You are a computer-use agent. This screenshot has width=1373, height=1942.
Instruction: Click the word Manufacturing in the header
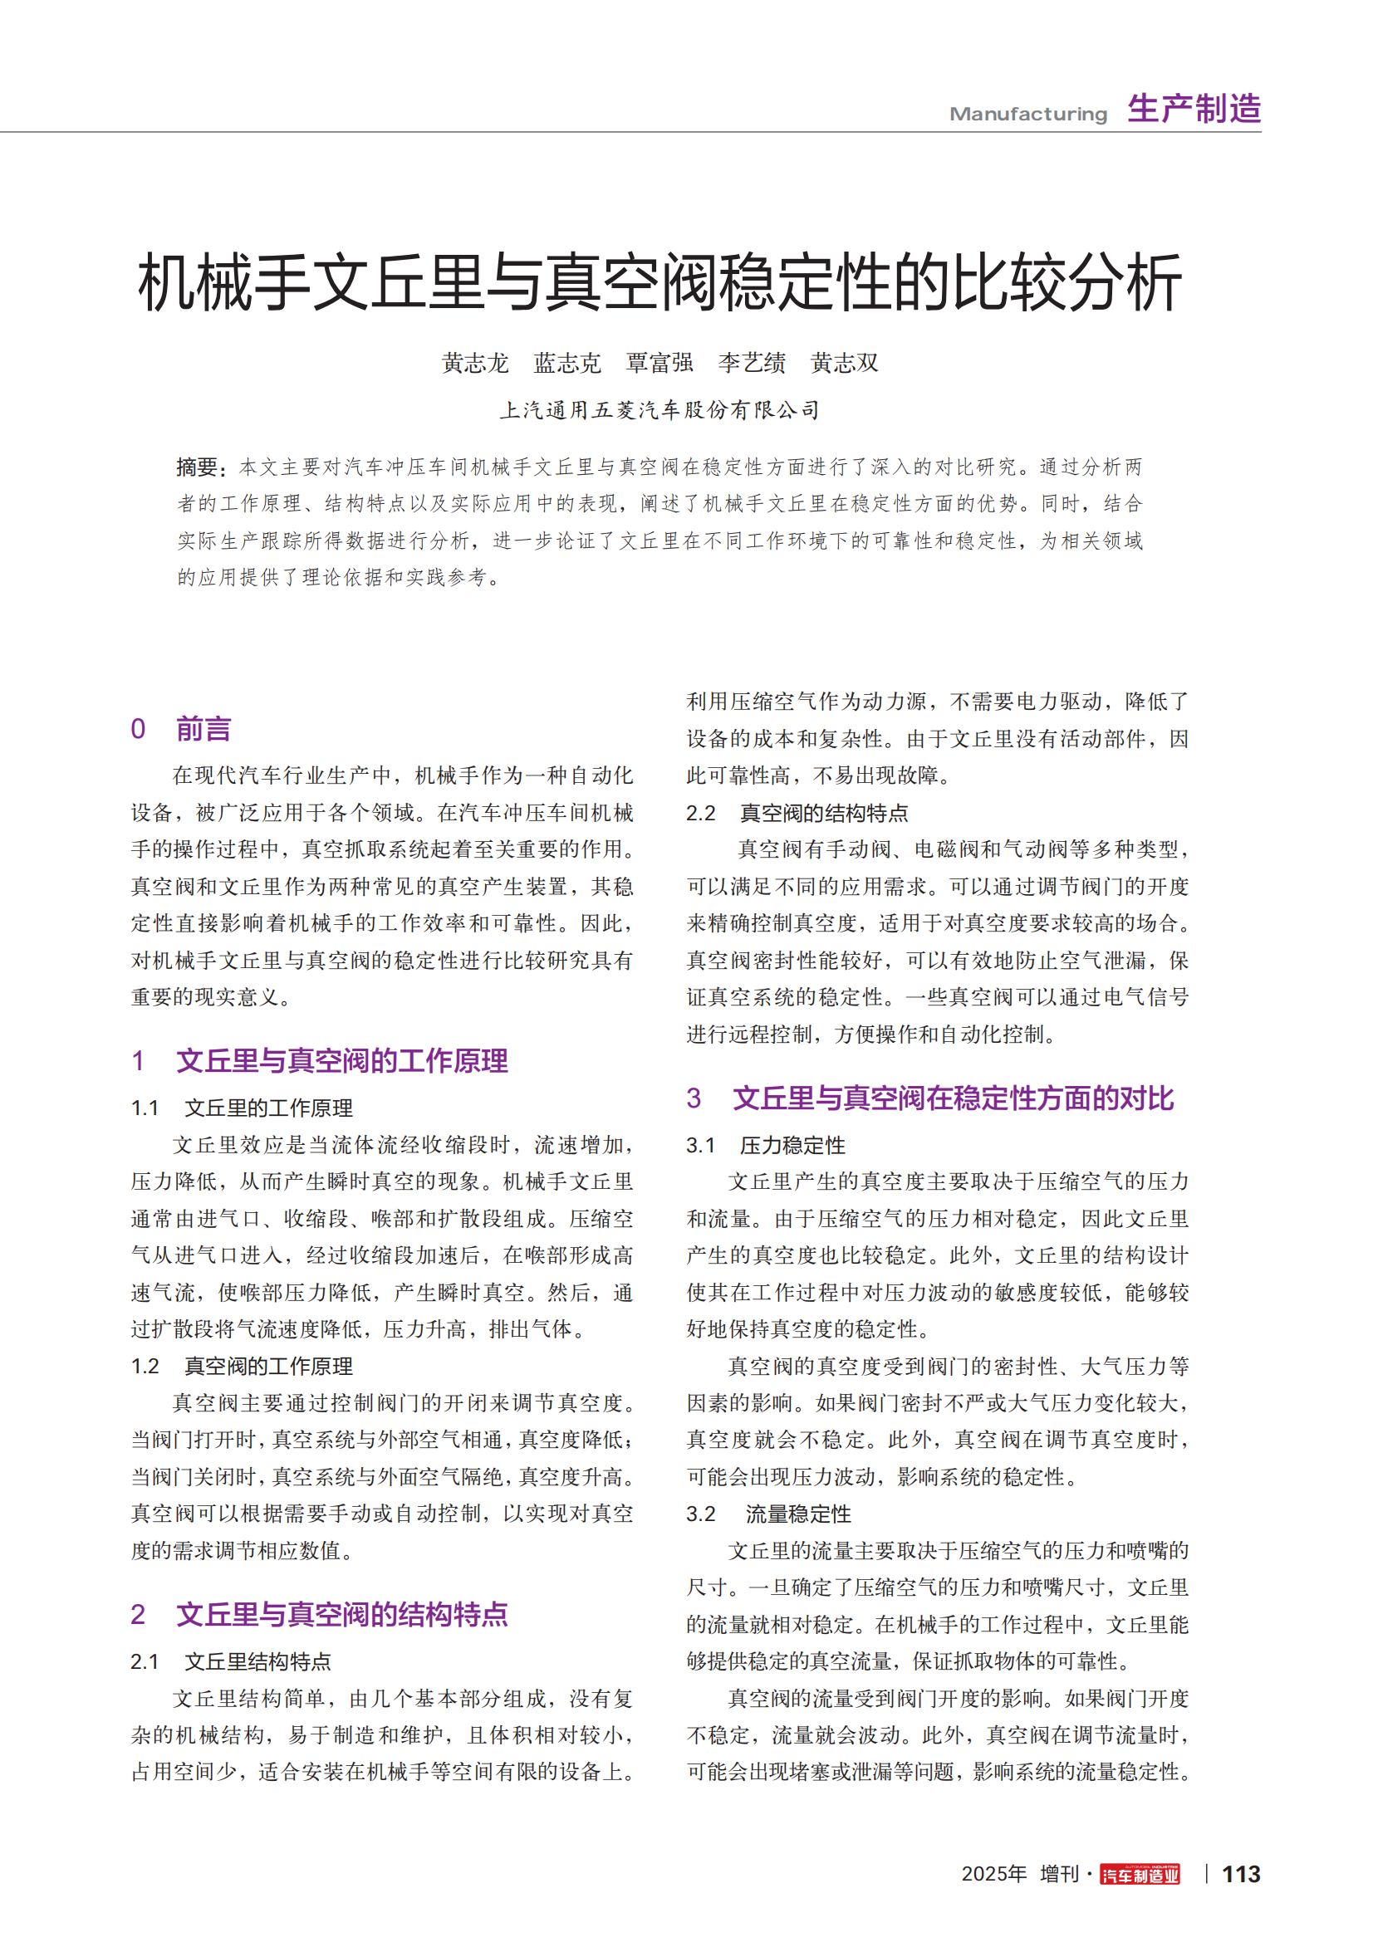tap(1027, 115)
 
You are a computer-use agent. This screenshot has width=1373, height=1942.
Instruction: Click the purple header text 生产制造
tap(1194, 110)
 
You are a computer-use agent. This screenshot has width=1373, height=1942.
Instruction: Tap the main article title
tap(660, 282)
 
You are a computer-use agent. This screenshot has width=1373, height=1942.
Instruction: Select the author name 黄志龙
tap(475, 364)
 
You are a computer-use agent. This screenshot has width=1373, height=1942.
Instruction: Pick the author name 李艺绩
tap(752, 364)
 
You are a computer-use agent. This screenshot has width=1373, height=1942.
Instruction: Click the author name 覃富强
tap(660, 364)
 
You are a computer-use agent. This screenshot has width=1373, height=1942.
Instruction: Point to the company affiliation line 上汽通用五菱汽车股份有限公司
tap(660, 411)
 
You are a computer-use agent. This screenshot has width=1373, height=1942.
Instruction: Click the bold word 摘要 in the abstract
tap(197, 467)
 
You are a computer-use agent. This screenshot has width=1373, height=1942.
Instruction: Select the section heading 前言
tap(203, 729)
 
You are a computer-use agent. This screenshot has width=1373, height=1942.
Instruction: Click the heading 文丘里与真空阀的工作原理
tap(341, 1060)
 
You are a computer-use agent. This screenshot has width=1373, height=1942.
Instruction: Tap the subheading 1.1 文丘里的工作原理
tap(268, 1108)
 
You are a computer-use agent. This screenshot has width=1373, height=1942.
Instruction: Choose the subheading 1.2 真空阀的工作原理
tap(268, 1366)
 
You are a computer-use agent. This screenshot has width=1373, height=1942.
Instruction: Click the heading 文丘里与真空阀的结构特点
tap(341, 1615)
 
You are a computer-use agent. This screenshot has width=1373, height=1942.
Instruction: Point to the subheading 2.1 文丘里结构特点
tap(257, 1662)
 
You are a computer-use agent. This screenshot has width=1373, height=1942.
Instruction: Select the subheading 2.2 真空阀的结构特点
tap(823, 814)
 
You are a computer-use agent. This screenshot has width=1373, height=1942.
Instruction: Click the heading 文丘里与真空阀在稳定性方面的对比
tap(953, 1098)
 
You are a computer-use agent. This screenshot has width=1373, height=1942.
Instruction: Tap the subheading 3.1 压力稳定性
tap(792, 1145)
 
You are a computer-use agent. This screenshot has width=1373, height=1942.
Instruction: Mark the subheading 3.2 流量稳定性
tap(797, 1514)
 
